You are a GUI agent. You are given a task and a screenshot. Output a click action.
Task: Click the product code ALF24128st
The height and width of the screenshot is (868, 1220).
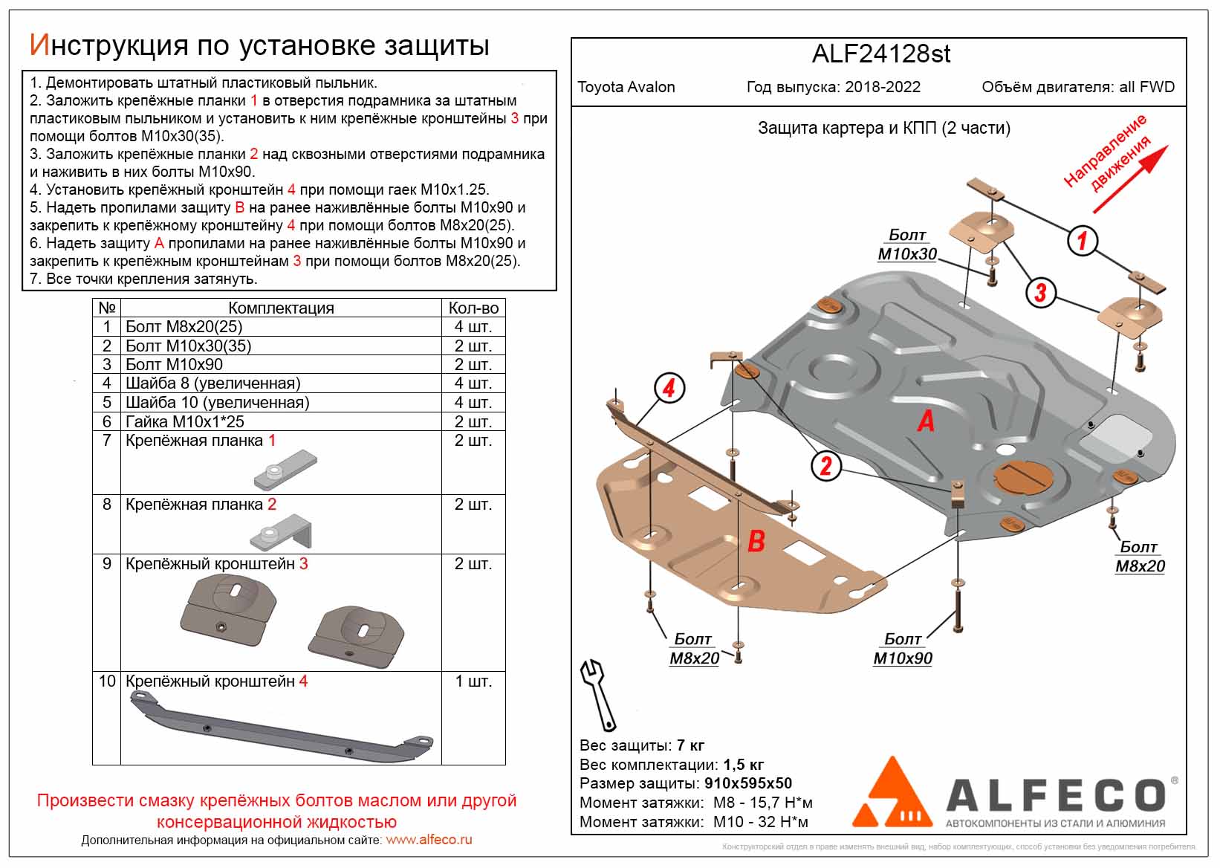(880, 54)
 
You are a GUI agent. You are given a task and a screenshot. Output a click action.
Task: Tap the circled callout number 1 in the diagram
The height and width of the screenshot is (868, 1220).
(1082, 240)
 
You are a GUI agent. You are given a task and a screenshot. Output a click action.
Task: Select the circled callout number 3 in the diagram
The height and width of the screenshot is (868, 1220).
(1040, 292)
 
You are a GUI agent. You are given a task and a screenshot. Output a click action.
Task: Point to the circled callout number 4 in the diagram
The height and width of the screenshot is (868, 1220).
(669, 388)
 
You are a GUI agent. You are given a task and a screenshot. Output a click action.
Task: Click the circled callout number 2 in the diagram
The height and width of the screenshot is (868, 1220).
(825, 466)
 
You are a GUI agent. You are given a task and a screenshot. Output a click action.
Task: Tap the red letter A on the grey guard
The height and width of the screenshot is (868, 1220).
(926, 421)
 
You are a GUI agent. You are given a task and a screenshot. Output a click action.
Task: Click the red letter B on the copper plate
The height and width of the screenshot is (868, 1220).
(756, 540)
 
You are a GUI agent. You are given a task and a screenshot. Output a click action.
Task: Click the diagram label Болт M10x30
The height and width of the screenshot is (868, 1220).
(907, 244)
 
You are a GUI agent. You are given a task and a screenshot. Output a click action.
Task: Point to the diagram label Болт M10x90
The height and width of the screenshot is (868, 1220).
(903, 649)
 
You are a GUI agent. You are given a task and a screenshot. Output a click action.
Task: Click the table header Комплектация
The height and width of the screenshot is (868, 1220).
(281, 308)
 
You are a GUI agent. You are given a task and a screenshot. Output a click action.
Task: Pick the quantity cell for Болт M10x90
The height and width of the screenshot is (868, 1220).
(473, 365)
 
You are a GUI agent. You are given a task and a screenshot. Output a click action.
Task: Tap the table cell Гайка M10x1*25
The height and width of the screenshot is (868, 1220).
(185, 421)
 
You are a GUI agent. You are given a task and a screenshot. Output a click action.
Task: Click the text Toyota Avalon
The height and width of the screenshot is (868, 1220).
(626, 87)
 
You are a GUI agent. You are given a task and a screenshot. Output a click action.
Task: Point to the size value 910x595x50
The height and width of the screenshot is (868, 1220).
(747, 783)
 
